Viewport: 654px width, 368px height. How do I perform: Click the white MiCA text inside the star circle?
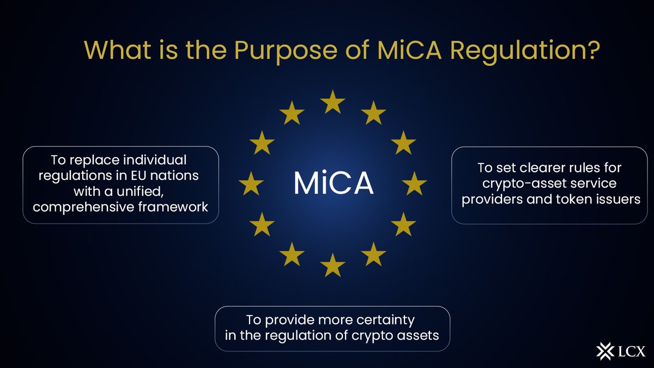coord(334,184)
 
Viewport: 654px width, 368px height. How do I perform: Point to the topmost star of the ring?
coord(333,101)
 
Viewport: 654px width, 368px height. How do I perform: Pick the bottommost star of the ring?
coord(333,265)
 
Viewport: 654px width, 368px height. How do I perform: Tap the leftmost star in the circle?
coord(251,183)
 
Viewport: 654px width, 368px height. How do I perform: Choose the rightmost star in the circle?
coord(415,183)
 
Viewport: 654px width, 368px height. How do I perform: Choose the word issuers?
coord(618,199)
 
